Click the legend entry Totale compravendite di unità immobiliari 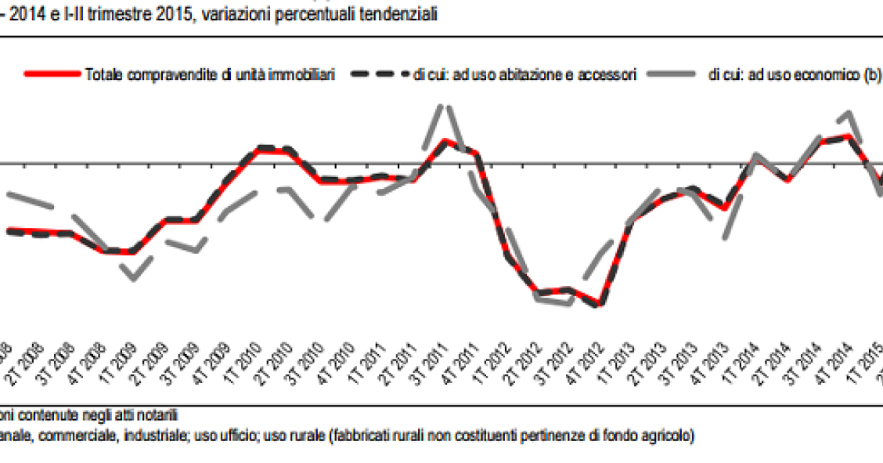pyautogui.click(x=210, y=74)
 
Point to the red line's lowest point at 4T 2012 pyautogui.click(x=599, y=305)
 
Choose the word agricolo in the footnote pyautogui.click(x=670, y=435)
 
